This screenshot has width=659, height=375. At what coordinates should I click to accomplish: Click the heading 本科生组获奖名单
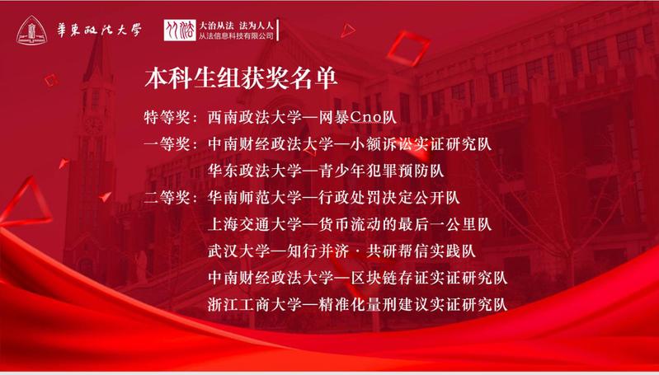click(x=241, y=78)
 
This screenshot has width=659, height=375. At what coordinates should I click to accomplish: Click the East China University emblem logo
click(x=31, y=30)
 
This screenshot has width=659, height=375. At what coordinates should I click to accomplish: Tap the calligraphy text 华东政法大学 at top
click(x=99, y=30)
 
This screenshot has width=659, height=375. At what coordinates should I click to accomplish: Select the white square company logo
click(x=180, y=30)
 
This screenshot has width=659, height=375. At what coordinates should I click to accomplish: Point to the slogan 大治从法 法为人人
click(x=237, y=25)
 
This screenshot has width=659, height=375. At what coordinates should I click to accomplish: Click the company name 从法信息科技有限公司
click(x=237, y=36)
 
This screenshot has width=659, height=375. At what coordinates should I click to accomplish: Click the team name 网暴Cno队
click(x=372, y=118)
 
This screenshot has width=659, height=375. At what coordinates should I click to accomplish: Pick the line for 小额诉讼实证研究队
click(x=350, y=144)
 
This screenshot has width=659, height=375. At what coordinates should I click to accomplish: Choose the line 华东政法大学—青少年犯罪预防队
click(x=326, y=171)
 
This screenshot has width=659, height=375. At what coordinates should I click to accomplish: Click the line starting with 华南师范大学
click(x=334, y=197)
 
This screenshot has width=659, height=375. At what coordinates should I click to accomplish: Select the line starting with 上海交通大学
click(x=350, y=224)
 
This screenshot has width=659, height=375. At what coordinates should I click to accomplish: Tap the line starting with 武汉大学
click(x=341, y=251)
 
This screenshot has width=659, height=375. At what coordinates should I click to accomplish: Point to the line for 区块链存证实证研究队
click(x=358, y=278)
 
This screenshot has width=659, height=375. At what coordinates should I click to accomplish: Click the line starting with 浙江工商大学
click(x=358, y=304)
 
